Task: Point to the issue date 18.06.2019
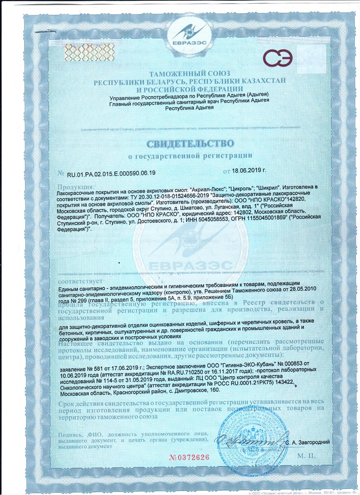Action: click(248, 170)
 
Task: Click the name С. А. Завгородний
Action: click(307, 442)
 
